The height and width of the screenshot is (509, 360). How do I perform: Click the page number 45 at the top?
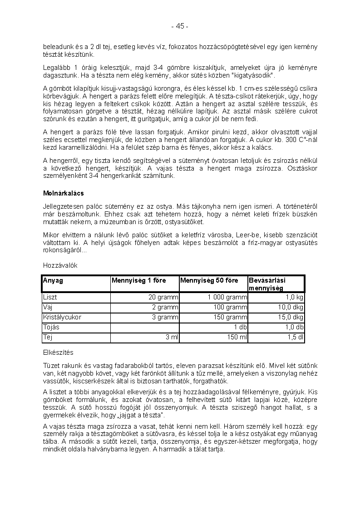(x=180, y=26)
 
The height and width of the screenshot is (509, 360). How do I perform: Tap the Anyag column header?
(x=53, y=280)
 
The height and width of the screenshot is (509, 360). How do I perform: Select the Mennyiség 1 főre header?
(x=139, y=280)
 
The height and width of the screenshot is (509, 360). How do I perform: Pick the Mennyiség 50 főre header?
(x=209, y=280)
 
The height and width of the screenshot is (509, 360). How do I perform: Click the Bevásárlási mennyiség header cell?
(x=267, y=284)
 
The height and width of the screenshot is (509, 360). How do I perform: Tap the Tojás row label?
(x=51, y=328)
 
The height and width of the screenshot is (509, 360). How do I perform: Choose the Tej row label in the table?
(x=47, y=338)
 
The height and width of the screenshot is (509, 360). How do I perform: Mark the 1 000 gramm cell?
(x=227, y=298)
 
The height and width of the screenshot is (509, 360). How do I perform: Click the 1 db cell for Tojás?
(x=241, y=328)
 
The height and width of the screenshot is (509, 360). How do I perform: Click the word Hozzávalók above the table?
(x=60, y=265)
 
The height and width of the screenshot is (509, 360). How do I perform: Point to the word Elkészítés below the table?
(x=58, y=352)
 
